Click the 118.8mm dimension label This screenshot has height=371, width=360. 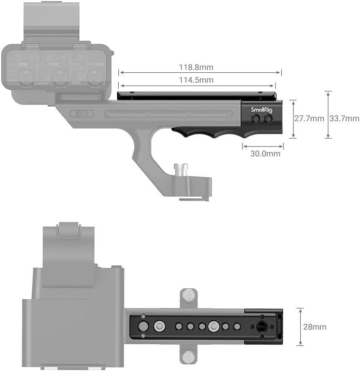point(199,67)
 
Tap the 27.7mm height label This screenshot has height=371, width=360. point(309,119)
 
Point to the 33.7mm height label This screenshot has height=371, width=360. point(344,119)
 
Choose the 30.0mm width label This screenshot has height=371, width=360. point(265,154)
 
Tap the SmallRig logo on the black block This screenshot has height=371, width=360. point(261,110)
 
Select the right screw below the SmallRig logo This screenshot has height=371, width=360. point(268,119)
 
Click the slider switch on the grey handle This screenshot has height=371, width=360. point(82,114)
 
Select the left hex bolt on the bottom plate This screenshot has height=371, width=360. point(159,326)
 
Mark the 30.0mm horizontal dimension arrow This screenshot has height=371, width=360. point(263,146)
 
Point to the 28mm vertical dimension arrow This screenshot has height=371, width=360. point(300,327)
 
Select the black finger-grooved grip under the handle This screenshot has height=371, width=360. point(209,132)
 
